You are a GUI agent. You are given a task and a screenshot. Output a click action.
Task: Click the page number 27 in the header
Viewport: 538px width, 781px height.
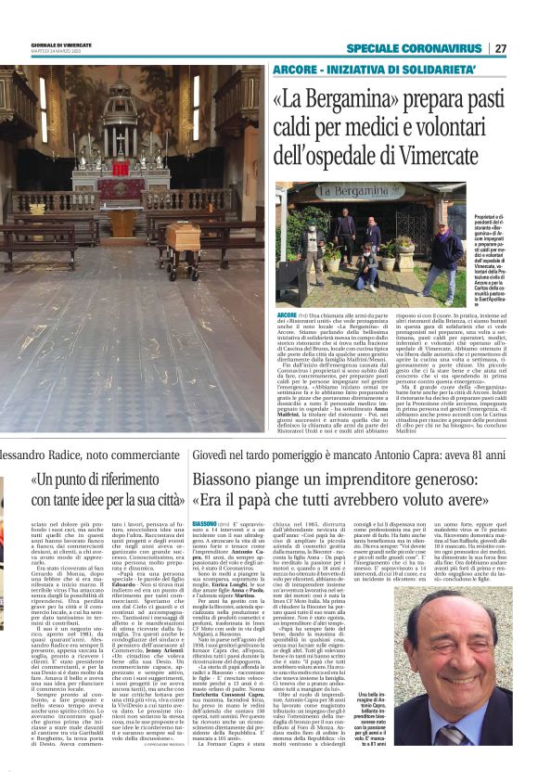tap(500, 48)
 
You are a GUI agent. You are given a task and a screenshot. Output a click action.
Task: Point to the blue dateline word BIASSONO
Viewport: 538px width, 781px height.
tap(204, 523)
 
